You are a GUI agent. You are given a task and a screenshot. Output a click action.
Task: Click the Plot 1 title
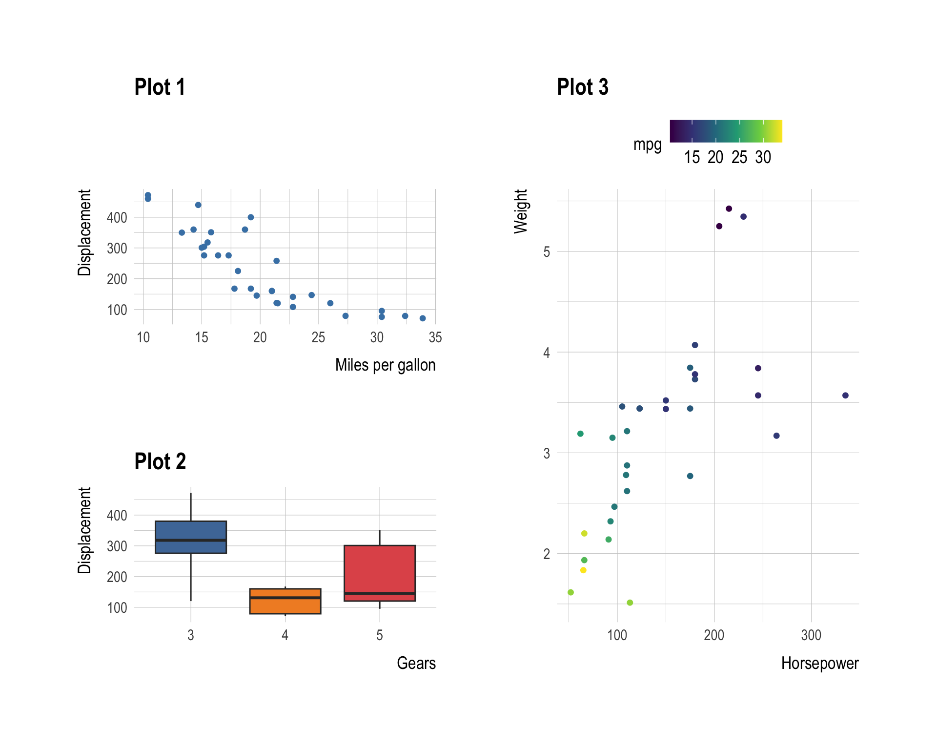point(160,87)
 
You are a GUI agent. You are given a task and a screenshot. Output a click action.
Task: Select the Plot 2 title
point(160,461)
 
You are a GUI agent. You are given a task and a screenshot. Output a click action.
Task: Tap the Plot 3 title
point(583,87)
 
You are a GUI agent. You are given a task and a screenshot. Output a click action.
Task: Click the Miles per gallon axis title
point(385,365)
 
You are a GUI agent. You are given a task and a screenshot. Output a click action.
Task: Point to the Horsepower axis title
point(819,663)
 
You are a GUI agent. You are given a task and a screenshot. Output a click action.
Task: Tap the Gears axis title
point(416,663)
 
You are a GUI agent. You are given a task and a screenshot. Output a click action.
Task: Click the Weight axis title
point(521,211)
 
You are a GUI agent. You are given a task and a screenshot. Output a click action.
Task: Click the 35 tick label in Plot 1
point(435,337)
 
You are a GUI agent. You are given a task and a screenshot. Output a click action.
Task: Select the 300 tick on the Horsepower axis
point(811,635)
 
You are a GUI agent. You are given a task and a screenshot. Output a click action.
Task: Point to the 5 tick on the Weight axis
point(547,252)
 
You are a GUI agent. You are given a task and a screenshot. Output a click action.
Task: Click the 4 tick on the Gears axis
point(285,635)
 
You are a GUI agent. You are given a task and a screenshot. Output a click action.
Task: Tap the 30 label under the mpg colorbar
point(763,157)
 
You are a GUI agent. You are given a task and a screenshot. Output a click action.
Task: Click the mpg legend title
point(647,145)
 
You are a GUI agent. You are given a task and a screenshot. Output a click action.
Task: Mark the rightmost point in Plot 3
point(845,396)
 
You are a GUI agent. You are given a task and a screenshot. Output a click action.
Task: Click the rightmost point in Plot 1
point(423,318)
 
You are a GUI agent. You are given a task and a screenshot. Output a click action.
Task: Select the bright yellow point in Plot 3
point(583,570)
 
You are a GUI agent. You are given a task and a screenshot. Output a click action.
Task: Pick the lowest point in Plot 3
point(630,603)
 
